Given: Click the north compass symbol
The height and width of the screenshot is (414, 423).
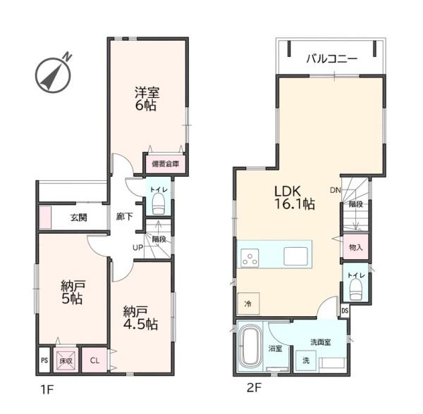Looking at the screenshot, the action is [x=53, y=75].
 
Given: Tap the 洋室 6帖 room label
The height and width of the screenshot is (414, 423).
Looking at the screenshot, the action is [x=147, y=99].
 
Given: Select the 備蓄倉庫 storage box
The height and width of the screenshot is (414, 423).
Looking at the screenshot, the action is [x=166, y=163].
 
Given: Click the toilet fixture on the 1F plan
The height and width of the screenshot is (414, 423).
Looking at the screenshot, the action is [x=159, y=205].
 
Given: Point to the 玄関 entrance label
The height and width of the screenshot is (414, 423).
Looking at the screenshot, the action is [x=79, y=218].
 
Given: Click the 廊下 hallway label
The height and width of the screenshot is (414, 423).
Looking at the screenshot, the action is [x=124, y=216].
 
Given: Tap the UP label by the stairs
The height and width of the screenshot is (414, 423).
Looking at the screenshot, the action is [x=137, y=248].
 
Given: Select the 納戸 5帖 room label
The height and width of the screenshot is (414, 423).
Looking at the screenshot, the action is [x=73, y=292].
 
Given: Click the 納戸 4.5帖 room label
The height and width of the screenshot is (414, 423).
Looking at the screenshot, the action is [x=140, y=318].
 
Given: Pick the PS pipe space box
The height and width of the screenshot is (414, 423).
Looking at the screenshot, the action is [x=44, y=360].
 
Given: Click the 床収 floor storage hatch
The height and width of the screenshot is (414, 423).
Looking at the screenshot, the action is [x=66, y=360].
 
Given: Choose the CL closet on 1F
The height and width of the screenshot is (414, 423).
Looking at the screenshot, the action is [x=94, y=360].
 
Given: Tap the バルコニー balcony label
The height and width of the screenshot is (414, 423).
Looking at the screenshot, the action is [x=332, y=58].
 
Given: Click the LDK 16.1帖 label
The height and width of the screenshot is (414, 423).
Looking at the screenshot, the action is [x=294, y=198].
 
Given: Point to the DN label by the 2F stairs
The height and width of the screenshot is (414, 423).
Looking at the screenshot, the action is [x=336, y=190].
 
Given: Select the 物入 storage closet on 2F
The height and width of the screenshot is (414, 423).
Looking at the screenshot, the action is [x=356, y=246].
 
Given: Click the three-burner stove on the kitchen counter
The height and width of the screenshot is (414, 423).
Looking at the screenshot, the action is [x=250, y=258].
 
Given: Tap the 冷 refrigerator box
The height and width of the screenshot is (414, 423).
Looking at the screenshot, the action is [x=248, y=303].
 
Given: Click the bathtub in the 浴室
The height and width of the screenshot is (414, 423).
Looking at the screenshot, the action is [x=250, y=346].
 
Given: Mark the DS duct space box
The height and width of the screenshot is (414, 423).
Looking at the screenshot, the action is [x=345, y=310].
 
